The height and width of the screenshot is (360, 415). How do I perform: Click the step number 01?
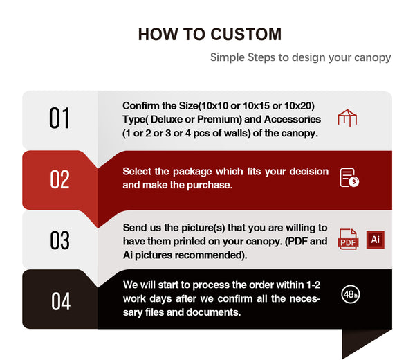tap(59, 118)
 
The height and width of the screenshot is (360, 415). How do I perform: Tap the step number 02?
tap(59, 179)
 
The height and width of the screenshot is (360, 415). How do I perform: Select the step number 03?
tap(59, 240)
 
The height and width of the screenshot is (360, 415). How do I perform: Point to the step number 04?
tap(61, 301)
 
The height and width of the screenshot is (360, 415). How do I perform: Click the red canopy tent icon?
tap(347, 118)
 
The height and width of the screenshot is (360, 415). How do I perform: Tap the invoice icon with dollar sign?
tap(349, 177)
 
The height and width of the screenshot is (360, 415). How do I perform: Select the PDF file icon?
tap(348, 239)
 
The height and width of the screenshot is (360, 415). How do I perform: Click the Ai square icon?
tap(376, 240)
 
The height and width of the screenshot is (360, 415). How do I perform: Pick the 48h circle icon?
tap(351, 294)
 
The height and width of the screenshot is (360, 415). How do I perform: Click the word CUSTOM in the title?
tap(246, 35)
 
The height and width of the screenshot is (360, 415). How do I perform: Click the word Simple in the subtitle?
tap(228, 57)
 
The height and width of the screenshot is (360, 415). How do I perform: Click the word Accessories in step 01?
tap(293, 119)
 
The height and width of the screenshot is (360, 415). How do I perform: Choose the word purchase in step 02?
tap(210, 185)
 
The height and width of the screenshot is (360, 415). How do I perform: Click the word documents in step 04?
tap(214, 312)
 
